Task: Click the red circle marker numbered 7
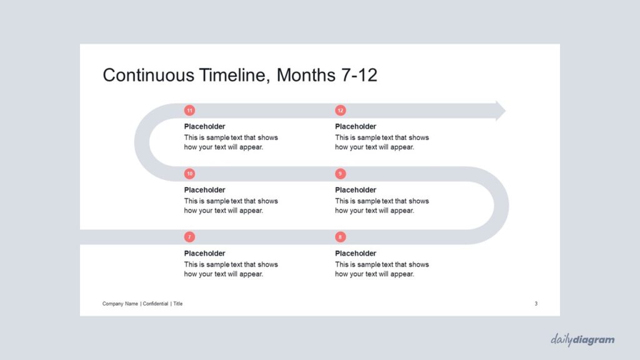pos(189,237)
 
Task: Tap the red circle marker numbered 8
pos(341,237)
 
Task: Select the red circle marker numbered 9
pos(341,174)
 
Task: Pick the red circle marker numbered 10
pos(189,174)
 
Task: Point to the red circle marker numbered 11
pos(189,110)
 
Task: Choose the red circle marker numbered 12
pos(341,110)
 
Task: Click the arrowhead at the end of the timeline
pos(501,111)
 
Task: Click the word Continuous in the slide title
pos(148,75)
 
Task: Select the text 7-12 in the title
pos(357,75)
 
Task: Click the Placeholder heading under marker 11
pos(204,126)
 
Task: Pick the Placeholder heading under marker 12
pos(356,126)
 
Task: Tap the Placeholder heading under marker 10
pos(204,190)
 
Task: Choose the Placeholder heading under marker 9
pos(356,190)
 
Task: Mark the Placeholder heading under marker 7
pos(204,253)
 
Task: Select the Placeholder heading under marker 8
pos(356,253)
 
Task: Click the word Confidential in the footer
pos(156,304)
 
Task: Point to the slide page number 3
pos(536,304)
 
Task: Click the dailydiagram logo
pos(582,339)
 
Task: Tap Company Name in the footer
pos(120,304)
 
